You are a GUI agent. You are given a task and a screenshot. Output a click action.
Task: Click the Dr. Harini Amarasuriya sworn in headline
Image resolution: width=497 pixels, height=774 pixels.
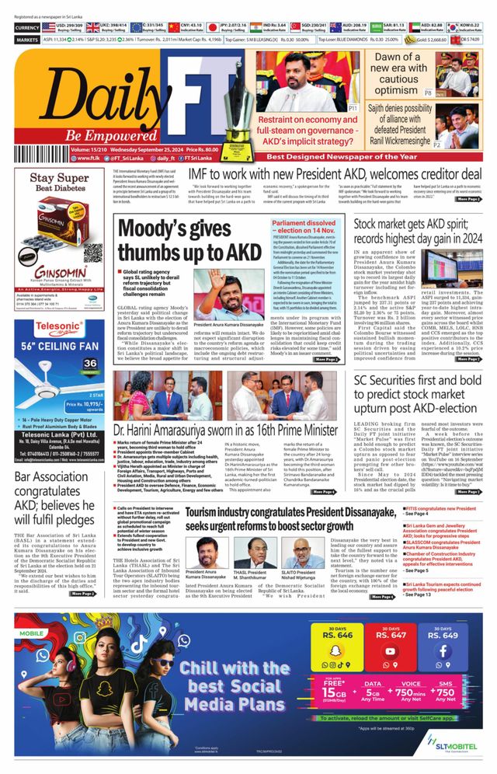pos(225,430)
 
